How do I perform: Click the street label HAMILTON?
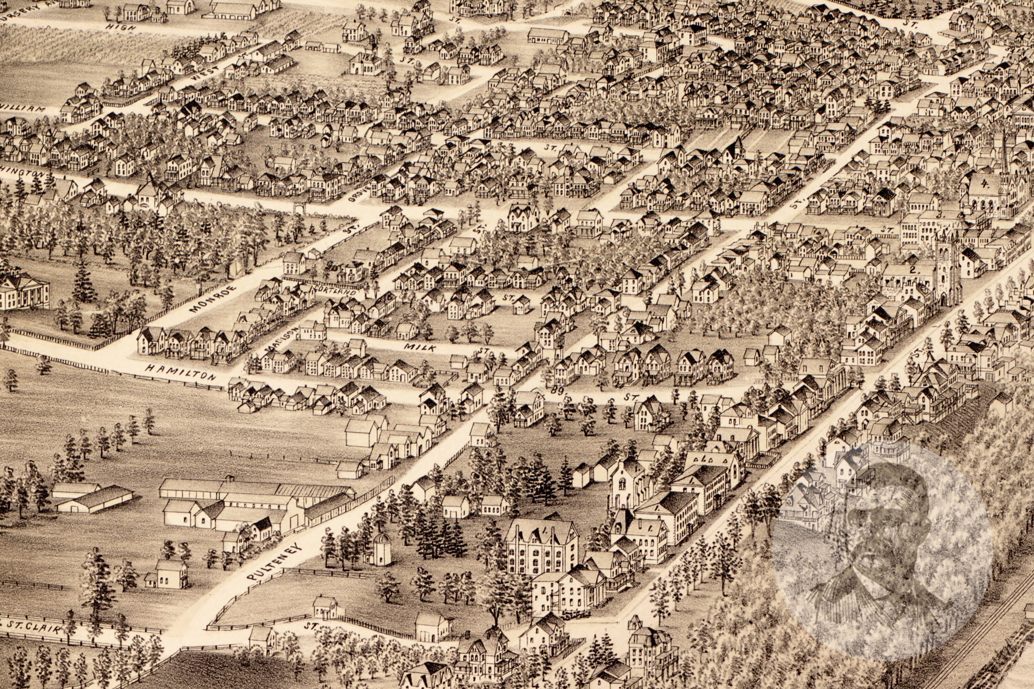click(x=180, y=372)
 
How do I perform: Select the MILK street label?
click(x=420, y=347)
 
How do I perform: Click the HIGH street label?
click(x=120, y=27)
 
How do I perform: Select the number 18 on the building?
click(x=366, y=57)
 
